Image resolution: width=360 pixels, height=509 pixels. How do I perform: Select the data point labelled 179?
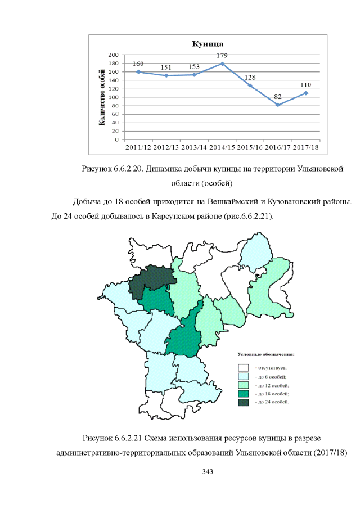click(x=222, y=64)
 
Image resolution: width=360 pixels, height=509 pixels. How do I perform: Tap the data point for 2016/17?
click(x=278, y=105)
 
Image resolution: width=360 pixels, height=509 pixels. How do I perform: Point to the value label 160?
click(x=138, y=64)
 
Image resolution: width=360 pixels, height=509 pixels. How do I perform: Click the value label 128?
click(x=250, y=77)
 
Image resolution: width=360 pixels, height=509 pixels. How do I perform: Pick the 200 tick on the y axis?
click(x=112, y=55)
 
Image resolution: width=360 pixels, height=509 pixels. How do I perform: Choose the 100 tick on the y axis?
click(x=112, y=97)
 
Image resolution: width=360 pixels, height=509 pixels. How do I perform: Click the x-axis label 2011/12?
click(x=138, y=147)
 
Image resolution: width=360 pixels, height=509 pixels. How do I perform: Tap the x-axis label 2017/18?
click(x=306, y=147)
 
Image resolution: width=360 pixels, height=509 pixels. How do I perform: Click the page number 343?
click(x=208, y=470)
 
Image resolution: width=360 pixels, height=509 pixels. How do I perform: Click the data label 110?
click(x=306, y=84)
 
